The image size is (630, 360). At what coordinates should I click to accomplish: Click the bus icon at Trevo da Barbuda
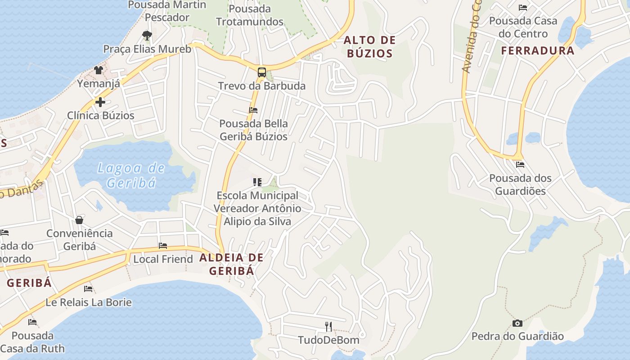coord(261,72)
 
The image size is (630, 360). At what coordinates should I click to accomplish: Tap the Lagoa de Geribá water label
coord(131,175)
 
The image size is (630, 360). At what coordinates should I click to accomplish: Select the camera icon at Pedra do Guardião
coord(517,323)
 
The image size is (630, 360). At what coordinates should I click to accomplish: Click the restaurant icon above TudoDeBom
coord(328,326)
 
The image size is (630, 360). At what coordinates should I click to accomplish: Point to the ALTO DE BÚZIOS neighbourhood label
coord(369,47)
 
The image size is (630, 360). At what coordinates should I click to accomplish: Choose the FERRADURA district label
coord(538,50)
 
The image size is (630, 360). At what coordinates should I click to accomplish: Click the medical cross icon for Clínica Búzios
coord(100,102)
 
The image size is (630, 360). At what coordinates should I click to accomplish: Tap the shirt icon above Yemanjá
coord(99,70)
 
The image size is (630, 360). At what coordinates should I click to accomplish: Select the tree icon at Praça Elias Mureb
coord(147,35)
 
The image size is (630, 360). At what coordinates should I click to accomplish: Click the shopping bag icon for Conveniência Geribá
coord(79,220)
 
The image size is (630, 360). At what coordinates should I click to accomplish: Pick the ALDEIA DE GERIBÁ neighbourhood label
coord(231,264)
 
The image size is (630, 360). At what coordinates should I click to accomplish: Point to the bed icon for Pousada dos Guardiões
coord(520,165)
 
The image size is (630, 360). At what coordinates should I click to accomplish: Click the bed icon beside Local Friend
coord(163,246)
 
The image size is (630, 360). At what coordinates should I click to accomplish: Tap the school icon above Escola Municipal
coord(257,182)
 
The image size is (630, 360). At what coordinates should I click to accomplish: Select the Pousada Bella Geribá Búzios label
coord(253,130)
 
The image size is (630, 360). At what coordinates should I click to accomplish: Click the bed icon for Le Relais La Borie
coord(88,288)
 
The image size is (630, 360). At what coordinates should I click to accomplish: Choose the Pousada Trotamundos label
coord(250,15)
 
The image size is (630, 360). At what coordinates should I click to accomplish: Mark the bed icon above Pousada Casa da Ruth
coord(32,322)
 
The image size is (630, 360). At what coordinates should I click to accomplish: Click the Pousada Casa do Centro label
coord(523,27)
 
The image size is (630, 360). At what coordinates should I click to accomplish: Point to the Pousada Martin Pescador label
coord(167,11)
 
